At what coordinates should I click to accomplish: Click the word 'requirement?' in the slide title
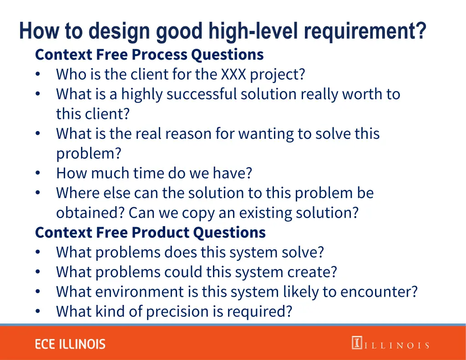[365, 31]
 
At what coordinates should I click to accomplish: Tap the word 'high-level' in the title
[255, 31]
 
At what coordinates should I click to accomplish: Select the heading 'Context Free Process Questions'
[149, 55]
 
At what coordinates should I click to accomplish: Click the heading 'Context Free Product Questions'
[150, 233]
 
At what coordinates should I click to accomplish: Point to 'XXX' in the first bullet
[233, 74]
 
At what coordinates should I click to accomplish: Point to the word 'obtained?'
[91, 213]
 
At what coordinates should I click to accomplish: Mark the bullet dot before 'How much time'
[38, 173]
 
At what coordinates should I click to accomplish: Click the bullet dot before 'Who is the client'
[38, 74]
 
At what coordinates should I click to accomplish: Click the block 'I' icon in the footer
[356, 343]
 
